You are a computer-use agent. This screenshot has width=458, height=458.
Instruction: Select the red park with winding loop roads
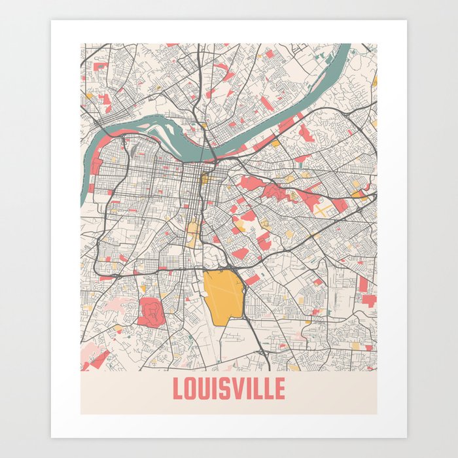pos(150,310)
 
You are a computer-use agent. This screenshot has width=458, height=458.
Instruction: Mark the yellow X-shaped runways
pos(325,209)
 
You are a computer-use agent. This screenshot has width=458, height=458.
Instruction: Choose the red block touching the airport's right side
pos(252,280)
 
